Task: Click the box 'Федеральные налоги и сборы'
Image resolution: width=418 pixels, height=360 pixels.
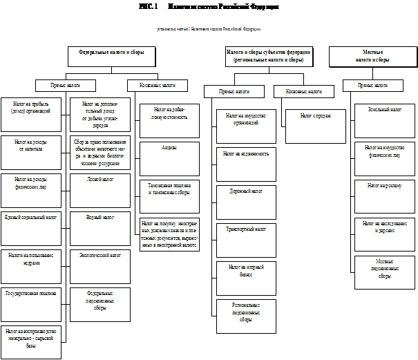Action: click(111, 52)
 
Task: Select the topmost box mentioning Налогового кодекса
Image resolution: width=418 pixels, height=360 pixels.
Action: click(209, 29)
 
